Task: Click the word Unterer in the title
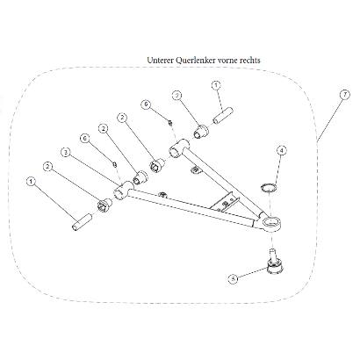click(x=160, y=61)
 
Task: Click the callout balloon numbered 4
click(x=281, y=151)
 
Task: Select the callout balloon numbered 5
click(x=233, y=278)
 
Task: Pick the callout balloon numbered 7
click(x=345, y=95)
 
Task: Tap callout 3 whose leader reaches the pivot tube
click(x=66, y=152)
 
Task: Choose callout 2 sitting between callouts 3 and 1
click(x=47, y=167)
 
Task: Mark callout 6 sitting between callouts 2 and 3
click(x=85, y=139)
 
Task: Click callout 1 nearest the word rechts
click(x=216, y=85)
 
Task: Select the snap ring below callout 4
click(x=269, y=187)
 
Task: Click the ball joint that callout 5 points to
click(x=275, y=262)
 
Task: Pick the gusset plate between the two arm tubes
click(x=225, y=201)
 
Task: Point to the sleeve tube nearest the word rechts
click(x=223, y=116)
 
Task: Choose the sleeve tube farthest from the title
click(x=82, y=223)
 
